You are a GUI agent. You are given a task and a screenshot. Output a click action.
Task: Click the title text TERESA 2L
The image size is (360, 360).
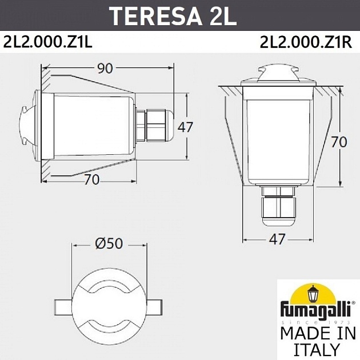click(x=172, y=15)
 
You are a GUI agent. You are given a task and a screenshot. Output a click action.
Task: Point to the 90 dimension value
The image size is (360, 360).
click(x=104, y=68)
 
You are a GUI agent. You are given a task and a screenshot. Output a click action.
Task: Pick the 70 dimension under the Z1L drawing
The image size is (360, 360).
click(x=91, y=179)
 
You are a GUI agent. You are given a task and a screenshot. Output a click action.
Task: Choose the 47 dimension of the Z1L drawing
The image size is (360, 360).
click(x=185, y=127)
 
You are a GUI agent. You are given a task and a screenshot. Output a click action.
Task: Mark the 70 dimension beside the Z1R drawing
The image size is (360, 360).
click(x=339, y=142)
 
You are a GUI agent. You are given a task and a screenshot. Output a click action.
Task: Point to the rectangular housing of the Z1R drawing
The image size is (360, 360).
click(x=277, y=137)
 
